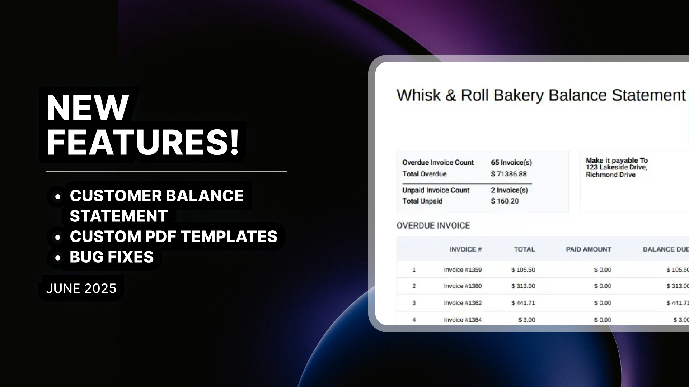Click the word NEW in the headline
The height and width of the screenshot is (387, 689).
pos(88,108)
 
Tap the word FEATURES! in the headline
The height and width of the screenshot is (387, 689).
pos(143,142)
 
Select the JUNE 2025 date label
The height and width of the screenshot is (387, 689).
pos(81,288)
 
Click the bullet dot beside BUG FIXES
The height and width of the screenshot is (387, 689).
pos(57,257)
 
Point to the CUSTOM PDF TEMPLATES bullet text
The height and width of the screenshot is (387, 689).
pos(174,236)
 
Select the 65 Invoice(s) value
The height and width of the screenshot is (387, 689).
pos(511,162)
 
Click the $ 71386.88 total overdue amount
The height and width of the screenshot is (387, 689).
pos(509,174)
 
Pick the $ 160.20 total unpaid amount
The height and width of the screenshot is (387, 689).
pos(505,201)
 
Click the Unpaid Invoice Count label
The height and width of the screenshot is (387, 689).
pos(436,190)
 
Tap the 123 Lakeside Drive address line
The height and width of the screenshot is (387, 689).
pos(617,167)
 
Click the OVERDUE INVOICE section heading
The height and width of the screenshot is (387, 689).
pos(433,225)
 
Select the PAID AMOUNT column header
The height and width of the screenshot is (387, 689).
pos(589,249)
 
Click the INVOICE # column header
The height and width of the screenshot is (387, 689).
pos(465,249)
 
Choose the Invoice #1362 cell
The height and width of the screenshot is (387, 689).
pos(463,303)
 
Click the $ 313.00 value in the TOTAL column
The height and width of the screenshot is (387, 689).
pos(523,286)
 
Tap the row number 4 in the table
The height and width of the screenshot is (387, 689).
pos(414,320)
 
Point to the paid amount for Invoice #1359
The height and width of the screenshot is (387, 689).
pos(603,270)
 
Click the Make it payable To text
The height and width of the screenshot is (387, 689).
pos(617,161)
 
